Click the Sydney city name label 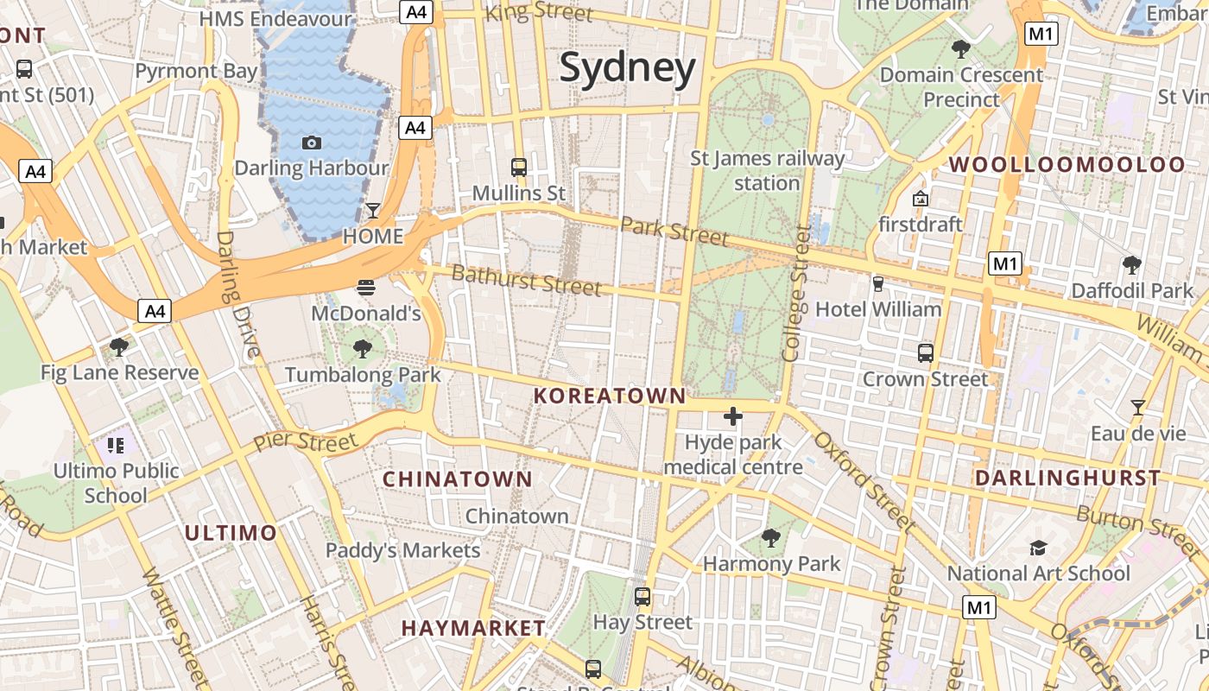627,67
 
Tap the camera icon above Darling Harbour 312,143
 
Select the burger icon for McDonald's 366,287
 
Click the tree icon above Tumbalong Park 363,349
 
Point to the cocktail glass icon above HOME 373,210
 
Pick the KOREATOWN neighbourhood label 610,396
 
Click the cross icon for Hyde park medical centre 733,417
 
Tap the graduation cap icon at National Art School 1038,548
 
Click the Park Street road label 674,231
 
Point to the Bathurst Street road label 526,280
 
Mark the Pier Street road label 306,442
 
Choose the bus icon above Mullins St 519,167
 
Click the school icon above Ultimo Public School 116,446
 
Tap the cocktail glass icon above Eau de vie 1138,407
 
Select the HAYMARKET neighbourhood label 473,628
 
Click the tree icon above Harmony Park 771,538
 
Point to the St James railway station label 767,170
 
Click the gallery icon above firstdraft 921,199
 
